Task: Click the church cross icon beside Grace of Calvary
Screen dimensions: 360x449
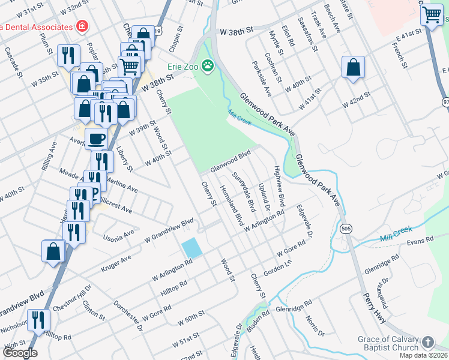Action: tap(427, 342)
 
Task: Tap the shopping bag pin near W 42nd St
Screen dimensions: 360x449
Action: tap(353, 68)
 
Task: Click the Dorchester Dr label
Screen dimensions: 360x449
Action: tap(127, 316)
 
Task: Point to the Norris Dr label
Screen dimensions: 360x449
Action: tap(315, 326)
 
